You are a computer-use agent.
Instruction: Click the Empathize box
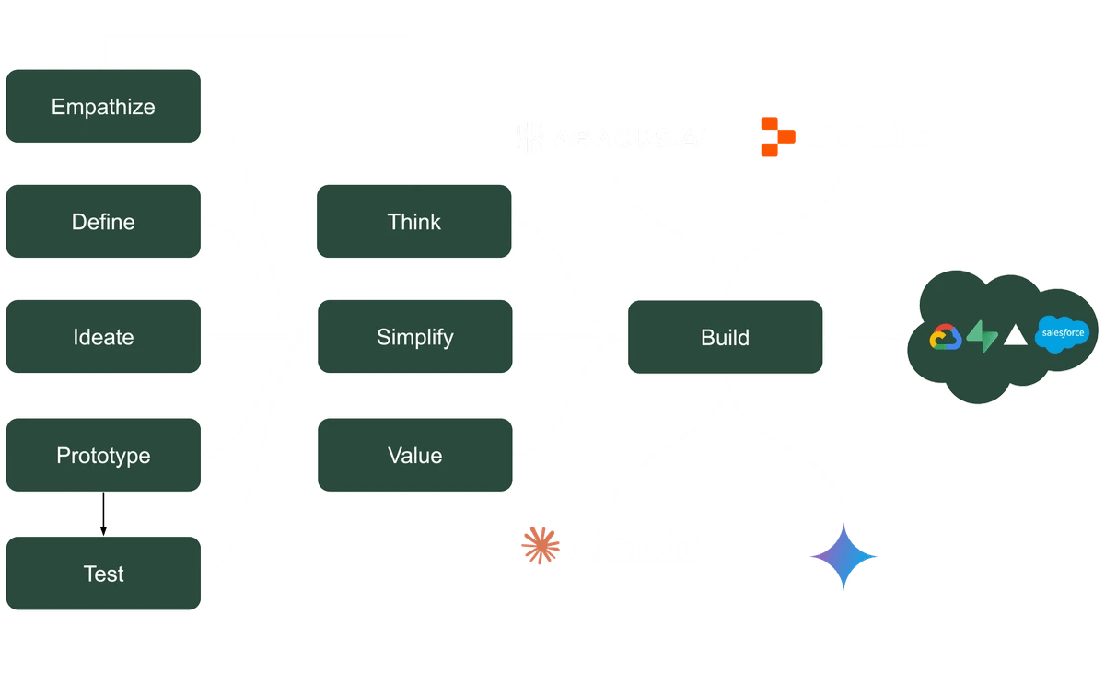click(103, 107)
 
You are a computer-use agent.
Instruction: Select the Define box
click(103, 222)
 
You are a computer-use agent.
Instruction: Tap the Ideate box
click(103, 337)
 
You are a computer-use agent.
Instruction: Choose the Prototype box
click(103, 456)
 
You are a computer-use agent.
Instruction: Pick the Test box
click(103, 574)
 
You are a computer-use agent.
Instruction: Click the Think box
click(414, 222)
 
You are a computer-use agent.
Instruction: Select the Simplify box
click(414, 337)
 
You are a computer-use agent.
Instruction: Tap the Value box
click(414, 456)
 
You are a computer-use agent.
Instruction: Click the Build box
click(725, 337)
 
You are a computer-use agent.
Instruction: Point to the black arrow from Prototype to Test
click(103, 515)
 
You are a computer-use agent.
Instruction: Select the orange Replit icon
click(776, 136)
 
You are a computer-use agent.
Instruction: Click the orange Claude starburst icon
click(540, 545)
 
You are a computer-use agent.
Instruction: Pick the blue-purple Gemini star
click(843, 555)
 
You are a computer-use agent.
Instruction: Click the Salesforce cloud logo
click(1062, 334)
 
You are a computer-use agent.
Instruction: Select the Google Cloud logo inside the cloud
click(946, 338)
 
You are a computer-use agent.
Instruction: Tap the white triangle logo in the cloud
click(1015, 336)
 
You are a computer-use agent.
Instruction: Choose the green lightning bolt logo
click(983, 338)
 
